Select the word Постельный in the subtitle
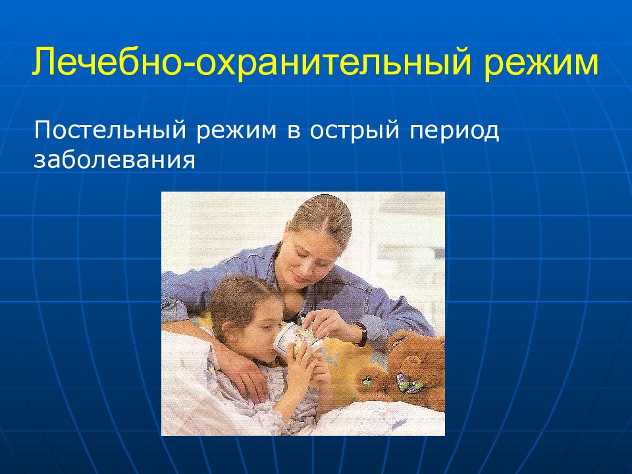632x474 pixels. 110,130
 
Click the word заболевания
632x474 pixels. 115,159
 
